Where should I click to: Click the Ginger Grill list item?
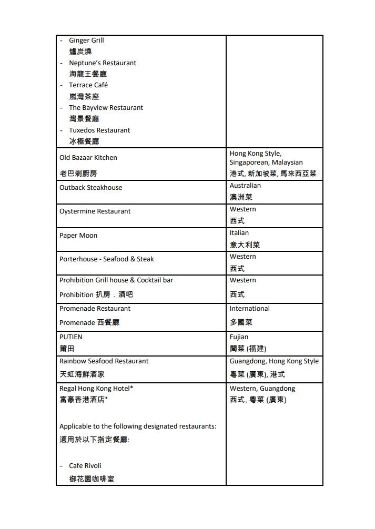point(86,40)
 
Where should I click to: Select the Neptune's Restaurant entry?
point(102,63)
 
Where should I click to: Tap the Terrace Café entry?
point(88,85)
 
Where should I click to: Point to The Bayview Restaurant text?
point(106,108)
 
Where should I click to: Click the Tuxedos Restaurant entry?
point(99,130)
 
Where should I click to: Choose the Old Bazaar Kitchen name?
point(88,158)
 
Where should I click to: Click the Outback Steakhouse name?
point(90,188)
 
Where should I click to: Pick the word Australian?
point(245,186)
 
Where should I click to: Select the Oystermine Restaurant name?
point(95,211)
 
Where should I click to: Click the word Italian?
point(239,233)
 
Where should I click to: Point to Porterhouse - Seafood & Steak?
point(107,259)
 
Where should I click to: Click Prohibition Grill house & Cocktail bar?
point(116,280)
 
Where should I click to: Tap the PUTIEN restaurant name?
point(71,337)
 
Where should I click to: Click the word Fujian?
point(239,337)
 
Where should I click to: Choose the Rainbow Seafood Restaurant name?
point(104,361)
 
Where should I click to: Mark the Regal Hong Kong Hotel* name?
point(96,389)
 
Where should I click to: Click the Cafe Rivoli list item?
point(85,466)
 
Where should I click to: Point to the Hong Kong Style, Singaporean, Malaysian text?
point(266,158)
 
